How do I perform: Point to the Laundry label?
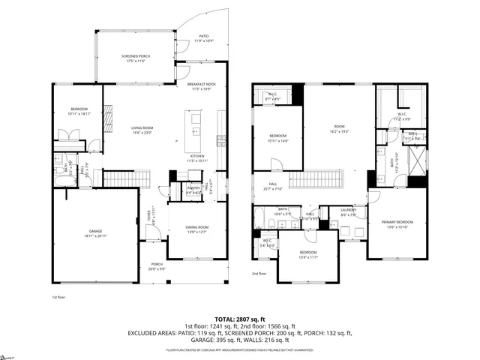[347, 211]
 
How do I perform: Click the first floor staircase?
[118, 178]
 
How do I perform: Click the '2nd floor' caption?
[259, 274]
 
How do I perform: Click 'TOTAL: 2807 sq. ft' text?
[239, 319]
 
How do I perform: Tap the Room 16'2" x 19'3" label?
[339, 129]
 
